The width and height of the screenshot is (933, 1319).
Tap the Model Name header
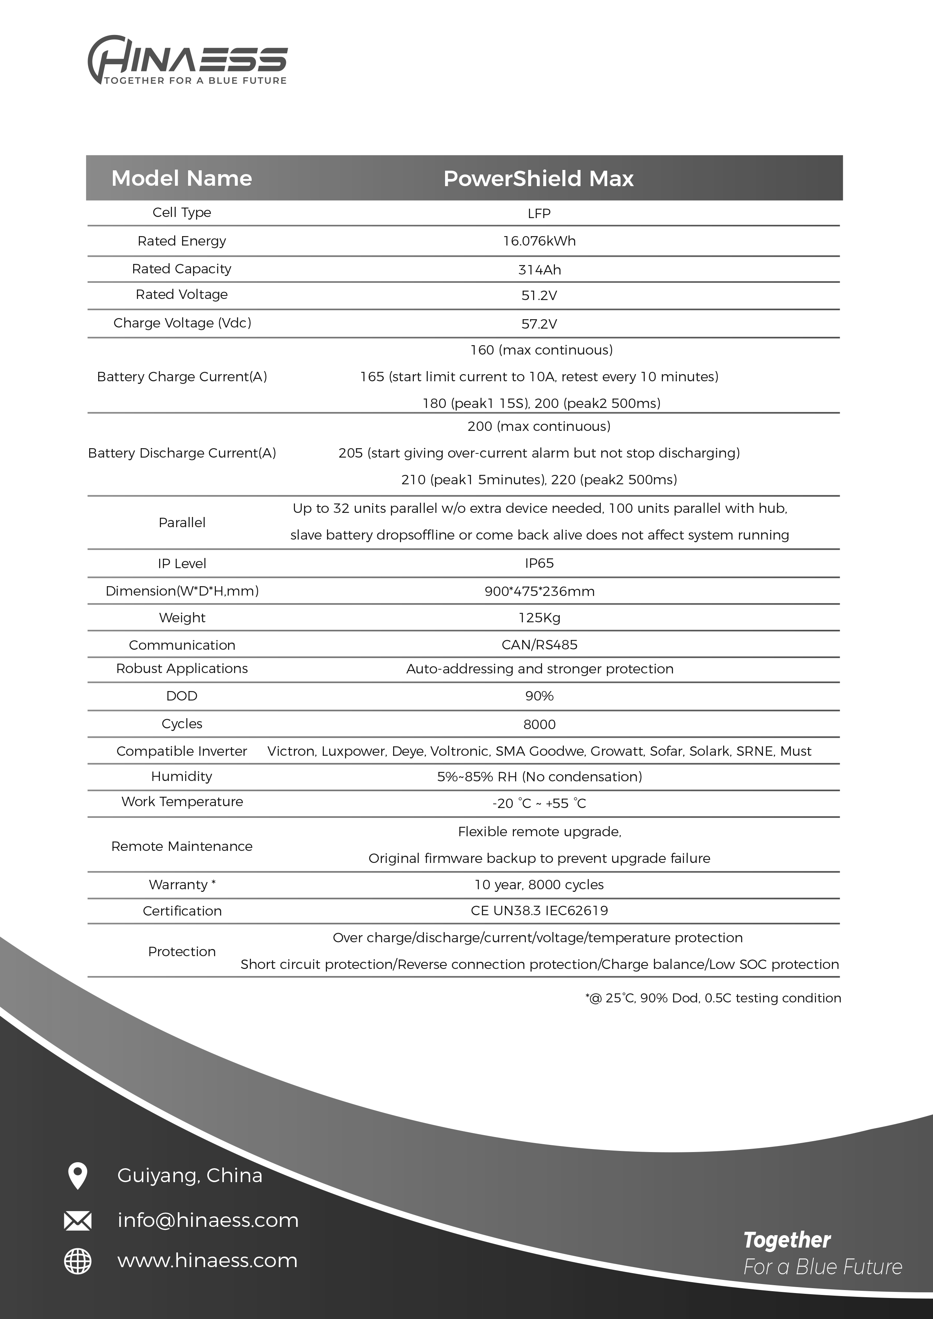(x=182, y=178)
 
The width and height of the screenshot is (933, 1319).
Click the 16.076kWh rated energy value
(x=539, y=241)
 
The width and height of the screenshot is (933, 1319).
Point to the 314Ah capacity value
(x=539, y=270)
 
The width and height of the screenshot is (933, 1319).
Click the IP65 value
(x=539, y=563)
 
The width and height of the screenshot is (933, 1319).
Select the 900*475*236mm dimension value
(x=539, y=591)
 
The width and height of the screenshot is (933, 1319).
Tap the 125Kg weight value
(x=539, y=617)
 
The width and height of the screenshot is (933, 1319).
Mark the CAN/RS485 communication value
(x=539, y=644)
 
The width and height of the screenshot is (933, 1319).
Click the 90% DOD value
(x=539, y=696)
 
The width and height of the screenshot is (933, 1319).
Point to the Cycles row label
(x=182, y=724)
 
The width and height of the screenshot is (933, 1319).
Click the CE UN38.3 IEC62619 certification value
(x=539, y=911)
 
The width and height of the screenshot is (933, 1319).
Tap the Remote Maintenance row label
(x=182, y=846)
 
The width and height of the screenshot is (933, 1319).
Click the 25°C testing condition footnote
(x=713, y=998)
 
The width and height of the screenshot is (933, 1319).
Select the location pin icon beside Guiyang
(x=77, y=1175)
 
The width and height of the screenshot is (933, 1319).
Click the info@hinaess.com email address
(x=208, y=1220)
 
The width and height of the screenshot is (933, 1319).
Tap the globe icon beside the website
(x=77, y=1261)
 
